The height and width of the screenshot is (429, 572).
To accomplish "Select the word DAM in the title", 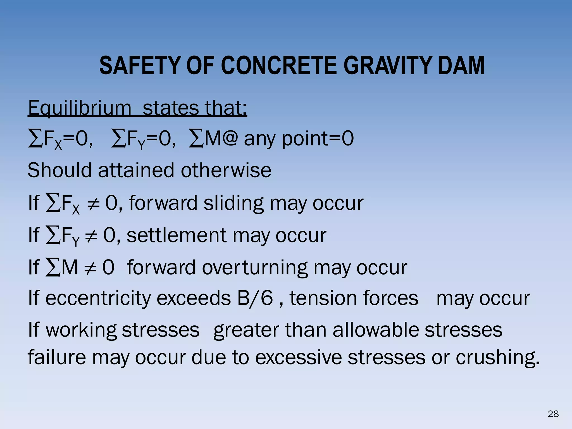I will (x=461, y=66).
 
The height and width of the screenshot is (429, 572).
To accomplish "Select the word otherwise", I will (x=226, y=170).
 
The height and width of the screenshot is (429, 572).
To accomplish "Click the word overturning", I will (x=254, y=268).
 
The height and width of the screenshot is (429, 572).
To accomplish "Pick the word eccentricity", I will (x=98, y=298).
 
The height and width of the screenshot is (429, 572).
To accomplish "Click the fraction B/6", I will (x=255, y=298).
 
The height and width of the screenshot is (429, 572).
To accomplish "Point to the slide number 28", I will (x=553, y=414).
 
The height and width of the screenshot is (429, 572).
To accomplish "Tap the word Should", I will (x=59, y=170).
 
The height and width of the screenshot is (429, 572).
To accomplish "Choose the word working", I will (x=81, y=330).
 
